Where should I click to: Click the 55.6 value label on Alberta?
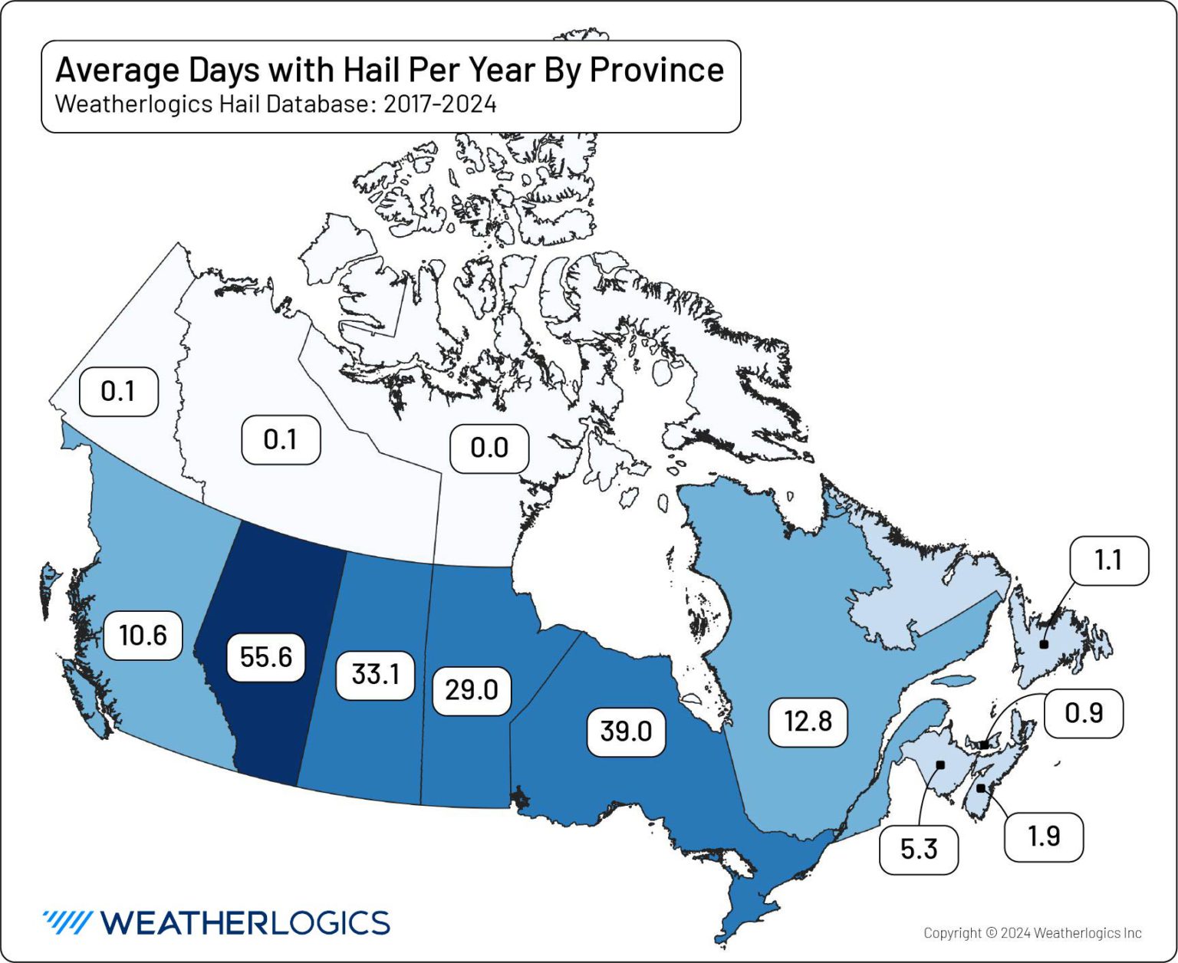pos(266,657)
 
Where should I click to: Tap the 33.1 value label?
pos(375,674)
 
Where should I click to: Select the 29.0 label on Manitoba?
pos(471,690)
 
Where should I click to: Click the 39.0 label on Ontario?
pos(626,731)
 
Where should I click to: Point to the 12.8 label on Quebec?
pos(808,721)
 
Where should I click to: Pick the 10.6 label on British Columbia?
pos(143,635)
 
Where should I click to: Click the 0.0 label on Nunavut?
pos(489,448)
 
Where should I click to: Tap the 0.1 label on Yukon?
pos(118,391)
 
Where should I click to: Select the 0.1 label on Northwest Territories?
pos(281,439)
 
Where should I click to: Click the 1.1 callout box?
pos(1108,560)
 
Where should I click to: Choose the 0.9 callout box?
pos(1084,713)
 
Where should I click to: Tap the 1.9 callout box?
pos(1044,836)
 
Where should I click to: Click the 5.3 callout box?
pos(918,849)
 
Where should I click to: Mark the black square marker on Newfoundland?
pos(1044,644)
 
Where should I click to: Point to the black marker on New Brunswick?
pos(940,764)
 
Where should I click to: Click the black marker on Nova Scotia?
pos(980,788)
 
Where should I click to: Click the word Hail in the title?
pos(371,70)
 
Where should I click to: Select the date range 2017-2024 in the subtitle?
pos(439,104)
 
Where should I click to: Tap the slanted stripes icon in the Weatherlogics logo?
pos(67,922)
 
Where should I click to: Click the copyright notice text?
pos(1032,933)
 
